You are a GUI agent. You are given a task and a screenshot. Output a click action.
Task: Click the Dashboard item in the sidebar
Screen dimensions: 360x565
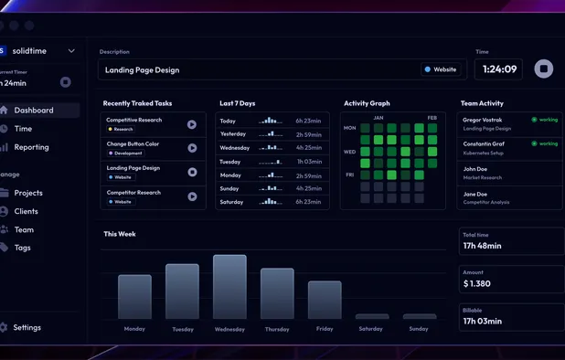coord(33,111)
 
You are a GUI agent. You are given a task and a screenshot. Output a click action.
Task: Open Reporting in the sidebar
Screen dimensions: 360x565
coord(31,147)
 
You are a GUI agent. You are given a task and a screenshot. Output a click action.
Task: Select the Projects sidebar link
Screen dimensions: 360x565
coord(28,193)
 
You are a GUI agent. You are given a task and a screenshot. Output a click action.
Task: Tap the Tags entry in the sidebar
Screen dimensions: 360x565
coord(22,248)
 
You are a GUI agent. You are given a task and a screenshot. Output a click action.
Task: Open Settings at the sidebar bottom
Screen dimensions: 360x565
coord(27,327)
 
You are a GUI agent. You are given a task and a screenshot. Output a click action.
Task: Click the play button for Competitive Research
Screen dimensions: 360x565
coord(192,124)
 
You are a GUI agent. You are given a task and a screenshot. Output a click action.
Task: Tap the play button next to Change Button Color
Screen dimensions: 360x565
coord(192,148)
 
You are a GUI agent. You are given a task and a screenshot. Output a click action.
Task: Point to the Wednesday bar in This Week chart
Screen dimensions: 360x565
coord(229,287)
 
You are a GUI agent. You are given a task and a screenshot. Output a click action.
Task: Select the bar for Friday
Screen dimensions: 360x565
coord(325,300)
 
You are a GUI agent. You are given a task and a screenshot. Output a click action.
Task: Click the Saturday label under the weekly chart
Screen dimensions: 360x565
coord(371,329)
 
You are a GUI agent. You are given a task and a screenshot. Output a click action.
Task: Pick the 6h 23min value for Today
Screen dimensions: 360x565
coord(308,121)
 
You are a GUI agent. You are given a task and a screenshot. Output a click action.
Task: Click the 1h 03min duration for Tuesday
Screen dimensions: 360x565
coord(309,162)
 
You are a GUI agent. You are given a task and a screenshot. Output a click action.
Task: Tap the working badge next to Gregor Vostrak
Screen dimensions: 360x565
coord(545,120)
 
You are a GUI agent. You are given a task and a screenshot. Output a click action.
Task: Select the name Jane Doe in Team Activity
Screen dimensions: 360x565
coord(475,194)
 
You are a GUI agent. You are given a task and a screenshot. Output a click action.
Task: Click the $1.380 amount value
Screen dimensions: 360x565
coord(477,284)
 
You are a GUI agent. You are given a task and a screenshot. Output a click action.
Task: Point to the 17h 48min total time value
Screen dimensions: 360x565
coord(482,246)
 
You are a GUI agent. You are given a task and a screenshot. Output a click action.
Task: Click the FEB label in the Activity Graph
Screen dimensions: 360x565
coord(432,118)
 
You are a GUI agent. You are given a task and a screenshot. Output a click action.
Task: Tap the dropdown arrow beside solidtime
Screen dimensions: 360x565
coord(71,51)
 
